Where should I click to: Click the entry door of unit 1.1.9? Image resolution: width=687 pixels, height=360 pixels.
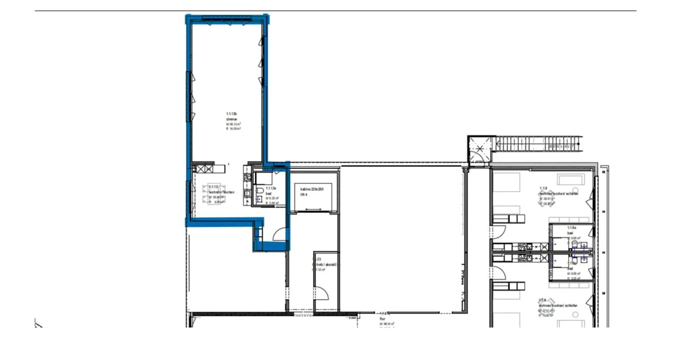pos(499,232)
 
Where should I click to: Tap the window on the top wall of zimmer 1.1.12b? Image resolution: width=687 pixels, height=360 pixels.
pos(227,18)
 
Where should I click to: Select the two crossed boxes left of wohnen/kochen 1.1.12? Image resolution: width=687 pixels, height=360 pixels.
pos(204,168)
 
